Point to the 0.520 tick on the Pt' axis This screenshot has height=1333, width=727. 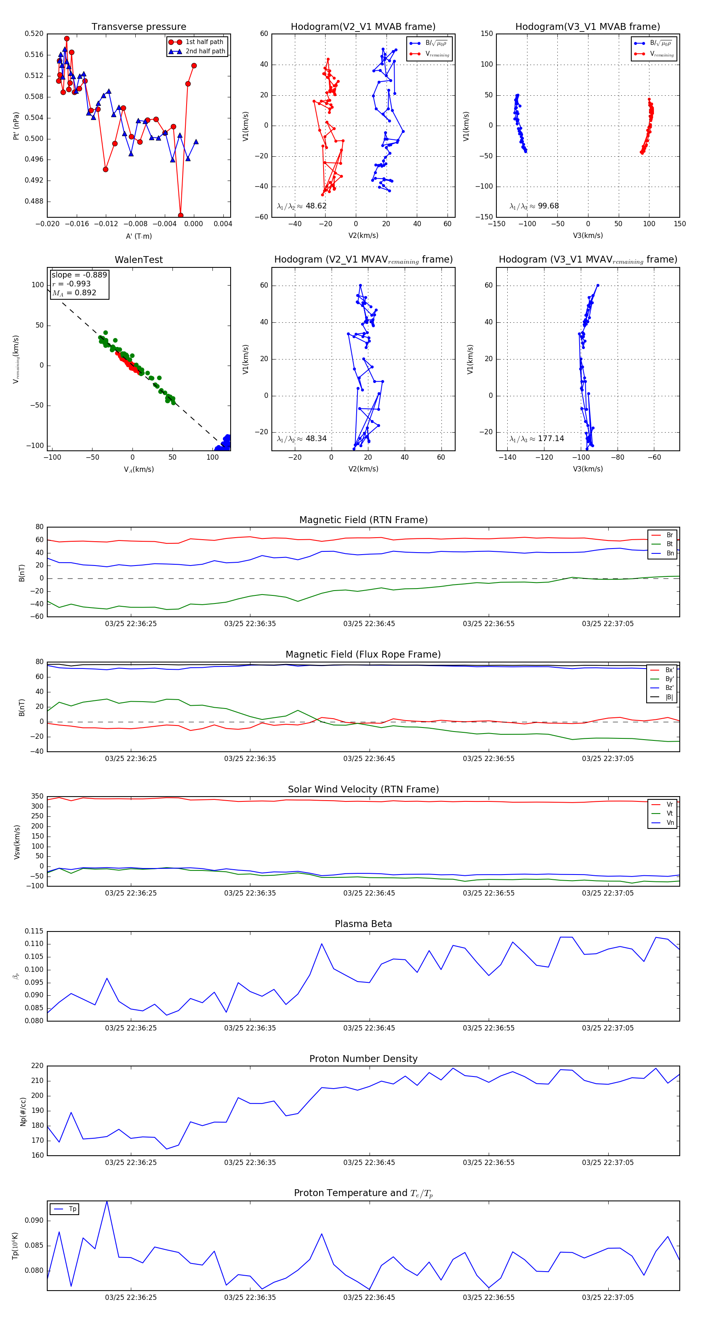click(34, 34)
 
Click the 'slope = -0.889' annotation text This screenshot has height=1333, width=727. click(79, 275)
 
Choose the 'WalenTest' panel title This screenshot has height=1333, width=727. click(139, 260)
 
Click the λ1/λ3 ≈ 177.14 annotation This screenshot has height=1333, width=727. click(537, 438)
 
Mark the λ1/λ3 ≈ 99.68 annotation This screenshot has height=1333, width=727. click(534, 206)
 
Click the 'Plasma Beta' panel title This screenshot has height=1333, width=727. click(363, 924)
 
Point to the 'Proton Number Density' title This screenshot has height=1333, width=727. click(363, 1059)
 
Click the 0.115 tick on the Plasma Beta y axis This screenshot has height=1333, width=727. click(34, 931)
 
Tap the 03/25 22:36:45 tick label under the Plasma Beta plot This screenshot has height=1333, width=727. click(369, 1028)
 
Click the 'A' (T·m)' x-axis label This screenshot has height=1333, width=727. click(139, 236)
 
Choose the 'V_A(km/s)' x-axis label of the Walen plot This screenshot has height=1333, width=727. click(139, 469)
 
